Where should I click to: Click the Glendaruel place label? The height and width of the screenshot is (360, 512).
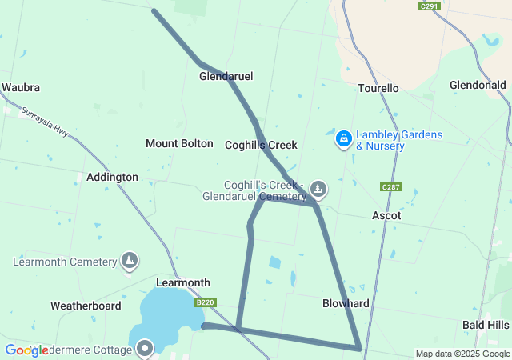click(x=226, y=76)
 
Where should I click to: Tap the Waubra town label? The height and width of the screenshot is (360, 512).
click(x=21, y=87)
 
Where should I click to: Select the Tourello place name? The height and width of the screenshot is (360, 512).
click(x=378, y=88)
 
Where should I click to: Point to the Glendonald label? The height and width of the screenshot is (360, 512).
click(x=478, y=85)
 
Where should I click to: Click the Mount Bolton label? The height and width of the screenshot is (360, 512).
click(x=179, y=143)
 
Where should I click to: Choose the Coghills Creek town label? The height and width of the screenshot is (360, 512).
click(x=261, y=145)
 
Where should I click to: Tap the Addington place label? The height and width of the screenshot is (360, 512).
click(x=112, y=177)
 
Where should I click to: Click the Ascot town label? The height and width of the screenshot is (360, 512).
click(x=386, y=215)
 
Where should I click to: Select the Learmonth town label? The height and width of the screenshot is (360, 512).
click(x=183, y=282)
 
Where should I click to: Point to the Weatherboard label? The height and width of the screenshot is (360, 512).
click(x=86, y=306)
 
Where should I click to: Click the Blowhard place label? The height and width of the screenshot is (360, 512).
click(x=346, y=303)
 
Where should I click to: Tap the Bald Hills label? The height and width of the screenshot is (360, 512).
click(x=486, y=325)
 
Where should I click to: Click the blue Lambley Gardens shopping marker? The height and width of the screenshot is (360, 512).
click(x=343, y=139)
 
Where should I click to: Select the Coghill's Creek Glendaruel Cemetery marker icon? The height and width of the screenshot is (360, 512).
click(x=318, y=189)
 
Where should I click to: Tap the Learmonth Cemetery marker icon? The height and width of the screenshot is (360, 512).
click(x=130, y=260)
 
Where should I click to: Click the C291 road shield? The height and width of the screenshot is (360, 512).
click(x=430, y=6)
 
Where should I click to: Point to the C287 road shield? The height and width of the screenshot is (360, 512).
click(x=391, y=187)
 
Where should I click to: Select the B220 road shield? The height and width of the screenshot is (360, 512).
click(x=206, y=302)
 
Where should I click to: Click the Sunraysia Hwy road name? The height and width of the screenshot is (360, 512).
click(x=45, y=122)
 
